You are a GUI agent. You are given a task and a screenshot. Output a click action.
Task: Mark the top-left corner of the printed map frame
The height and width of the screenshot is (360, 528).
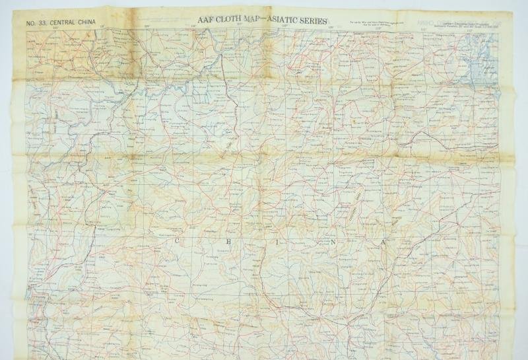(x=26, y=30)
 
